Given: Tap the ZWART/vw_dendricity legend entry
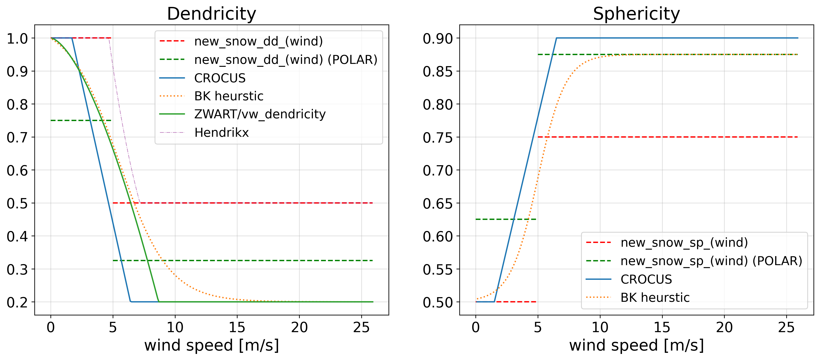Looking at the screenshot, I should tap(260, 114).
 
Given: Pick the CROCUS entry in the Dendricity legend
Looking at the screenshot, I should tap(220, 78).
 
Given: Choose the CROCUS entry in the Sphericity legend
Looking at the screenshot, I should tap(646, 279).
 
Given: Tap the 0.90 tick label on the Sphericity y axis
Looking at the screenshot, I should tap(437, 39).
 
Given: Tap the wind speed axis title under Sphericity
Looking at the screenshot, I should tap(636, 345).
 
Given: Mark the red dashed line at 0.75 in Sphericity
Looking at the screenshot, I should tap(669, 137).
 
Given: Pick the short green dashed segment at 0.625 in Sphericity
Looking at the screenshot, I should tap(497, 219).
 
